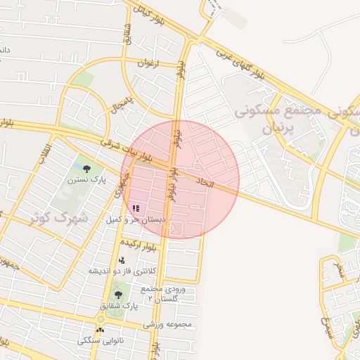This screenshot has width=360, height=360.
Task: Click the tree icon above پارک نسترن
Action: [x=86, y=168]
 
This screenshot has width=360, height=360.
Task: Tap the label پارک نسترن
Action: [x=86, y=180]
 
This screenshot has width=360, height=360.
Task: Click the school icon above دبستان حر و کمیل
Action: [x=136, y=208]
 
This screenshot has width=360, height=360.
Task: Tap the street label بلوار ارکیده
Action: [x=140, y=244]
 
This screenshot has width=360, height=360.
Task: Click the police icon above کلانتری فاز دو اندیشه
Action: [x=122, y=260]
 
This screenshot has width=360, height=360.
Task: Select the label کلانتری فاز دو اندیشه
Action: [x=122, y=271]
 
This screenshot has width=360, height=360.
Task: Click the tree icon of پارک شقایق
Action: [x=117, y=295]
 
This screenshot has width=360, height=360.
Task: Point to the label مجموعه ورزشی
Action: [x=168, y=325]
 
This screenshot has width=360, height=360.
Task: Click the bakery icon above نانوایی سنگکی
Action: [x=100, y=329]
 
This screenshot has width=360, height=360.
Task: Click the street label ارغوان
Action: [x=149, y=63]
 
